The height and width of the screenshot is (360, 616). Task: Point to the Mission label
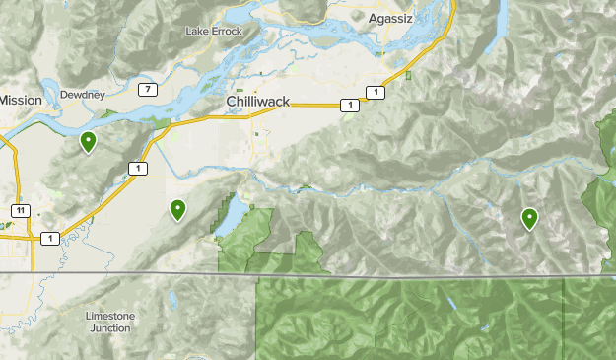pos(20,100)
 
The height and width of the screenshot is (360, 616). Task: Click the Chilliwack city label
pos(257,102)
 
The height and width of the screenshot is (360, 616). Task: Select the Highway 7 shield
pos(147,90)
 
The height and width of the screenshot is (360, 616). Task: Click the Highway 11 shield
pos(19,210)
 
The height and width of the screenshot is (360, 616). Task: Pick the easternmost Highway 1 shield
pos(375,93)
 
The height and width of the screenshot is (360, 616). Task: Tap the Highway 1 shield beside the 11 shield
pos(49,237)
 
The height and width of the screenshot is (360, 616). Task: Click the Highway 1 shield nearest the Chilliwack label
pos(348,106)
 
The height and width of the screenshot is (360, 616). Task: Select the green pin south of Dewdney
pos(88,143)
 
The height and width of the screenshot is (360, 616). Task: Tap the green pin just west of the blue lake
pos(177,208)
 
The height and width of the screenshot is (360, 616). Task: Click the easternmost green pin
pos(529,218)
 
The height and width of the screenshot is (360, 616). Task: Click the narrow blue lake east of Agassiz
pos(502,18)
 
